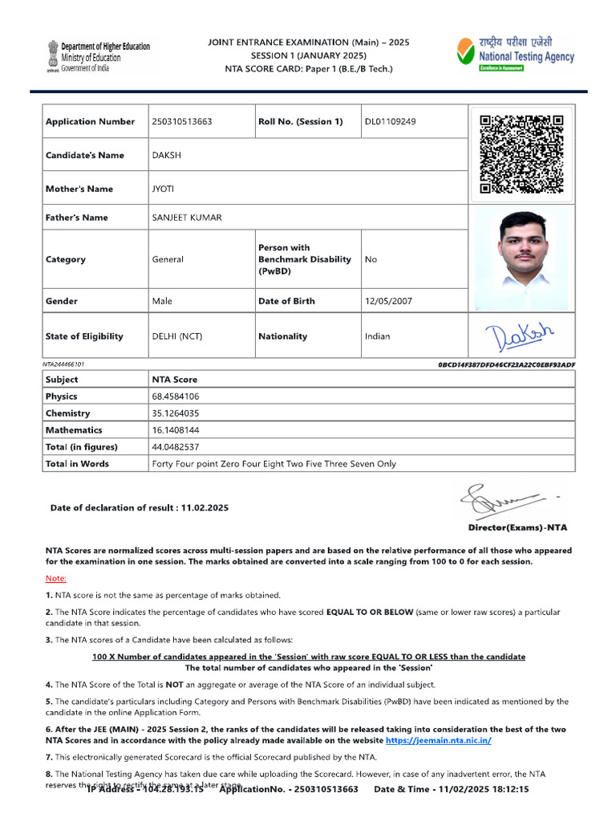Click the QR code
click(521, 155)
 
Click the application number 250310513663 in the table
click(182, 122)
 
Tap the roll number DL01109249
click(391, 122)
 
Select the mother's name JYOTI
click(163, 189)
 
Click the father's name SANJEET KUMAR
click(187, 218)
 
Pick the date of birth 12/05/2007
click(388, 301)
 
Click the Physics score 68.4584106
click(176, 397)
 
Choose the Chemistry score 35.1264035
click(176, 413)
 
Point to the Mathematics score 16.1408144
click(176, 430)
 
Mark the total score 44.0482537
click(176, 447)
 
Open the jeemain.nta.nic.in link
click(438, 740)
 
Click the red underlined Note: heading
click(56, 578)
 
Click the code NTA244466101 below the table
click(63, 364)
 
